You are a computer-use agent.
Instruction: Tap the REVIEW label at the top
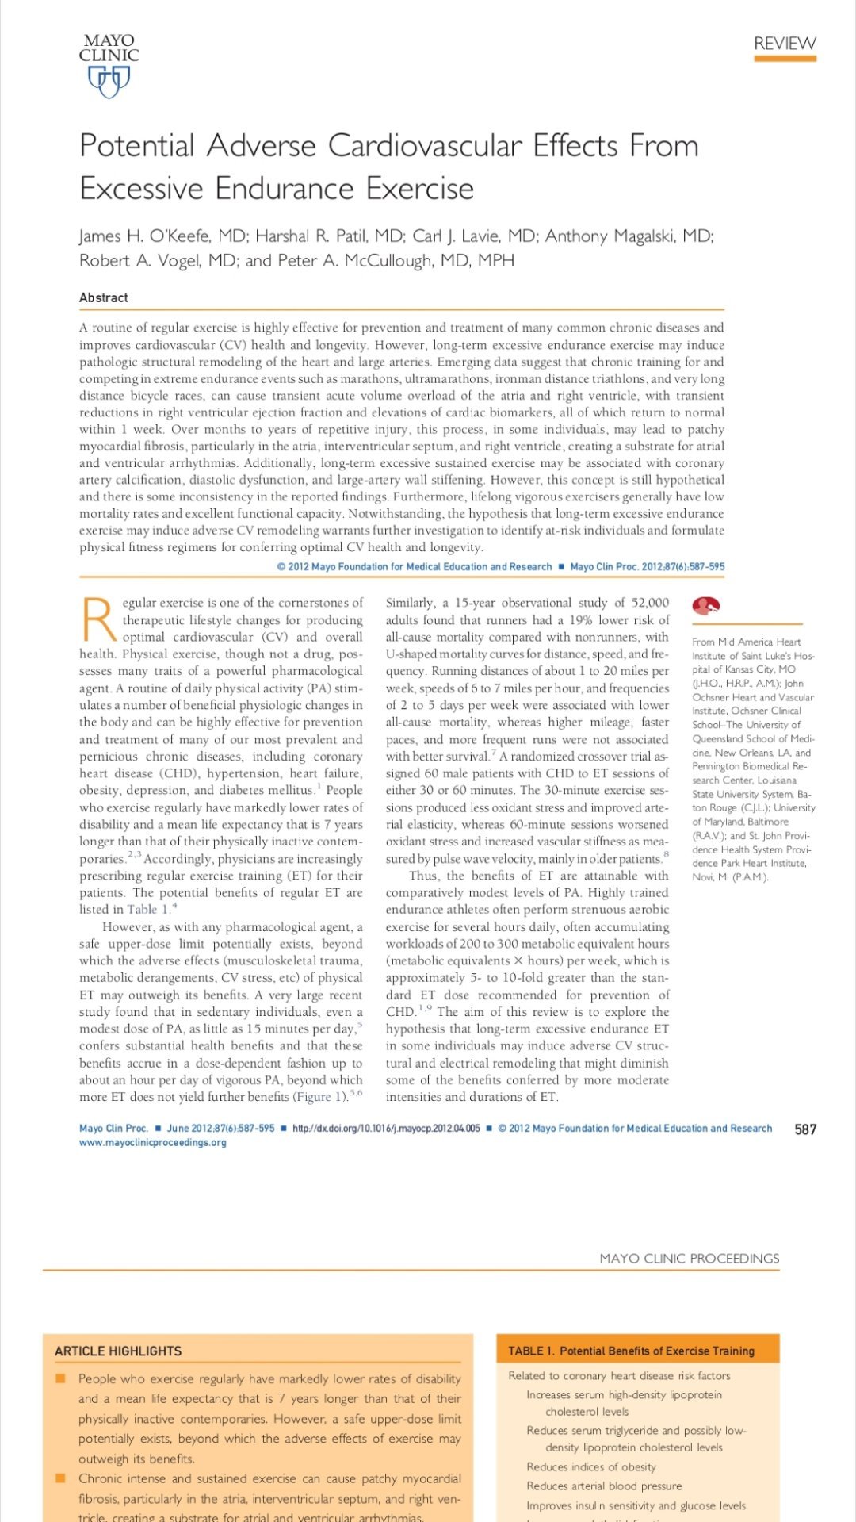point(785,44)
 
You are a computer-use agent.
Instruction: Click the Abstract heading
point(104,297)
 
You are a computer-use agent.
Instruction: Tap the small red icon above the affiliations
point(705,606)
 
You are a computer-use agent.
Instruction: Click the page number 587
point(805,1129)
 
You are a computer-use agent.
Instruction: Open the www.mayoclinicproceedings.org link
point(153,1143)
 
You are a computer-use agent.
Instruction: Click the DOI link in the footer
point(386,1129)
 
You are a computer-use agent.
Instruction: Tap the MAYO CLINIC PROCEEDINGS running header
point(689,1259)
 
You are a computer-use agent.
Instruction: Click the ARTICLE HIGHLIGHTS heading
point(118,1351)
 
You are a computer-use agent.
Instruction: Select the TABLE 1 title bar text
point(631,1351)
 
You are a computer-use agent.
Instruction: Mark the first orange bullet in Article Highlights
point(60,1378)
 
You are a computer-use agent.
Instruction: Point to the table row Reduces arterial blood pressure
point(604,1486)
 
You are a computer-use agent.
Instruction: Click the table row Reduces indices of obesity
point(591,1466)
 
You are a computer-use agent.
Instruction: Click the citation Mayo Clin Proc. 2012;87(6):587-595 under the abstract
point(647,567)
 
